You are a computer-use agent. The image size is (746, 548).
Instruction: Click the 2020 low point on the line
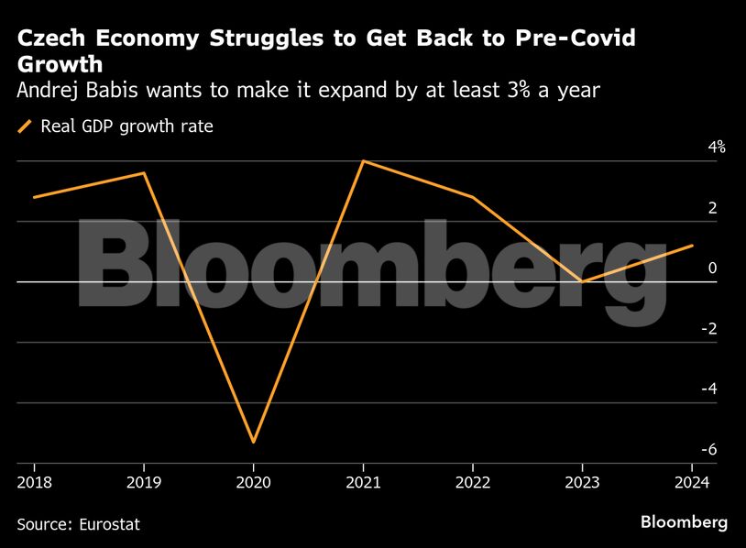click(253, 443)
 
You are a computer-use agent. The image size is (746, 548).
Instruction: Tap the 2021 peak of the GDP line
click(364, 160)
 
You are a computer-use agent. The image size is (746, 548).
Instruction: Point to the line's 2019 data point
click(144, 172)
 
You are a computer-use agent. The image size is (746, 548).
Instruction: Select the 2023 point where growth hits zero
click(583, 281)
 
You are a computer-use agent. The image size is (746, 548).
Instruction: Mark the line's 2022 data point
click(473, 197)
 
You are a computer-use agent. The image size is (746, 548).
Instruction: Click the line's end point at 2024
click(693, 246)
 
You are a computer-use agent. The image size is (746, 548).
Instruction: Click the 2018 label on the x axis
click(33, 482)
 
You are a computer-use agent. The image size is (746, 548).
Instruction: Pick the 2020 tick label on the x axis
click(253, 482)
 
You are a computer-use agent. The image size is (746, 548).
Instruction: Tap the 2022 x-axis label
click(473, 482)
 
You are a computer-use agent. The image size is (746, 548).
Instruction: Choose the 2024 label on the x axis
click(692, 482)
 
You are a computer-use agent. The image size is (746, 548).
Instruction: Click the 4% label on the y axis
click(715, 147)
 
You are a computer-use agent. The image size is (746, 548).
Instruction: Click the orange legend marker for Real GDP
click(25, 126)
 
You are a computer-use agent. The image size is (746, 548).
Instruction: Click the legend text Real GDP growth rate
click(126, 126)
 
